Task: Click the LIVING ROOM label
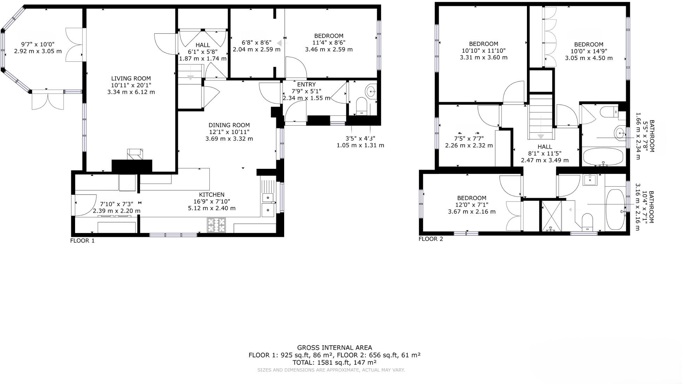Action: pos(131,79)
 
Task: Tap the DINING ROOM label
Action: pos(229,125)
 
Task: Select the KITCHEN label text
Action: pos(212,195)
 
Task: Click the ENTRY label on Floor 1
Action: pos(306,85)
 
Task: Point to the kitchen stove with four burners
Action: pos(216,225)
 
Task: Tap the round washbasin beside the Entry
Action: pos(371,92)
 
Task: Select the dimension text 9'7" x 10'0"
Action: pos(38,45)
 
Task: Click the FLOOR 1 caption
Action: pos(82,241)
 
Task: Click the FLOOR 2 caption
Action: pos(431,239)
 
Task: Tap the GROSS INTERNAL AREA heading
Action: pos(334,348)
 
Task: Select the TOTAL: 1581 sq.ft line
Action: pos(334,363)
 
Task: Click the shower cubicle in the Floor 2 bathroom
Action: pos(551,216)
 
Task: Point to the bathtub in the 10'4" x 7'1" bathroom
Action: pos(616,210)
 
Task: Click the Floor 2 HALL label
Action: pos(544,147)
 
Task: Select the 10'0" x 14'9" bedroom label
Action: pos(589,45)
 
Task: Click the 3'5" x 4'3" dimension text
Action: pos(360,139)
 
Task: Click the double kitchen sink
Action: pos(268,204)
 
